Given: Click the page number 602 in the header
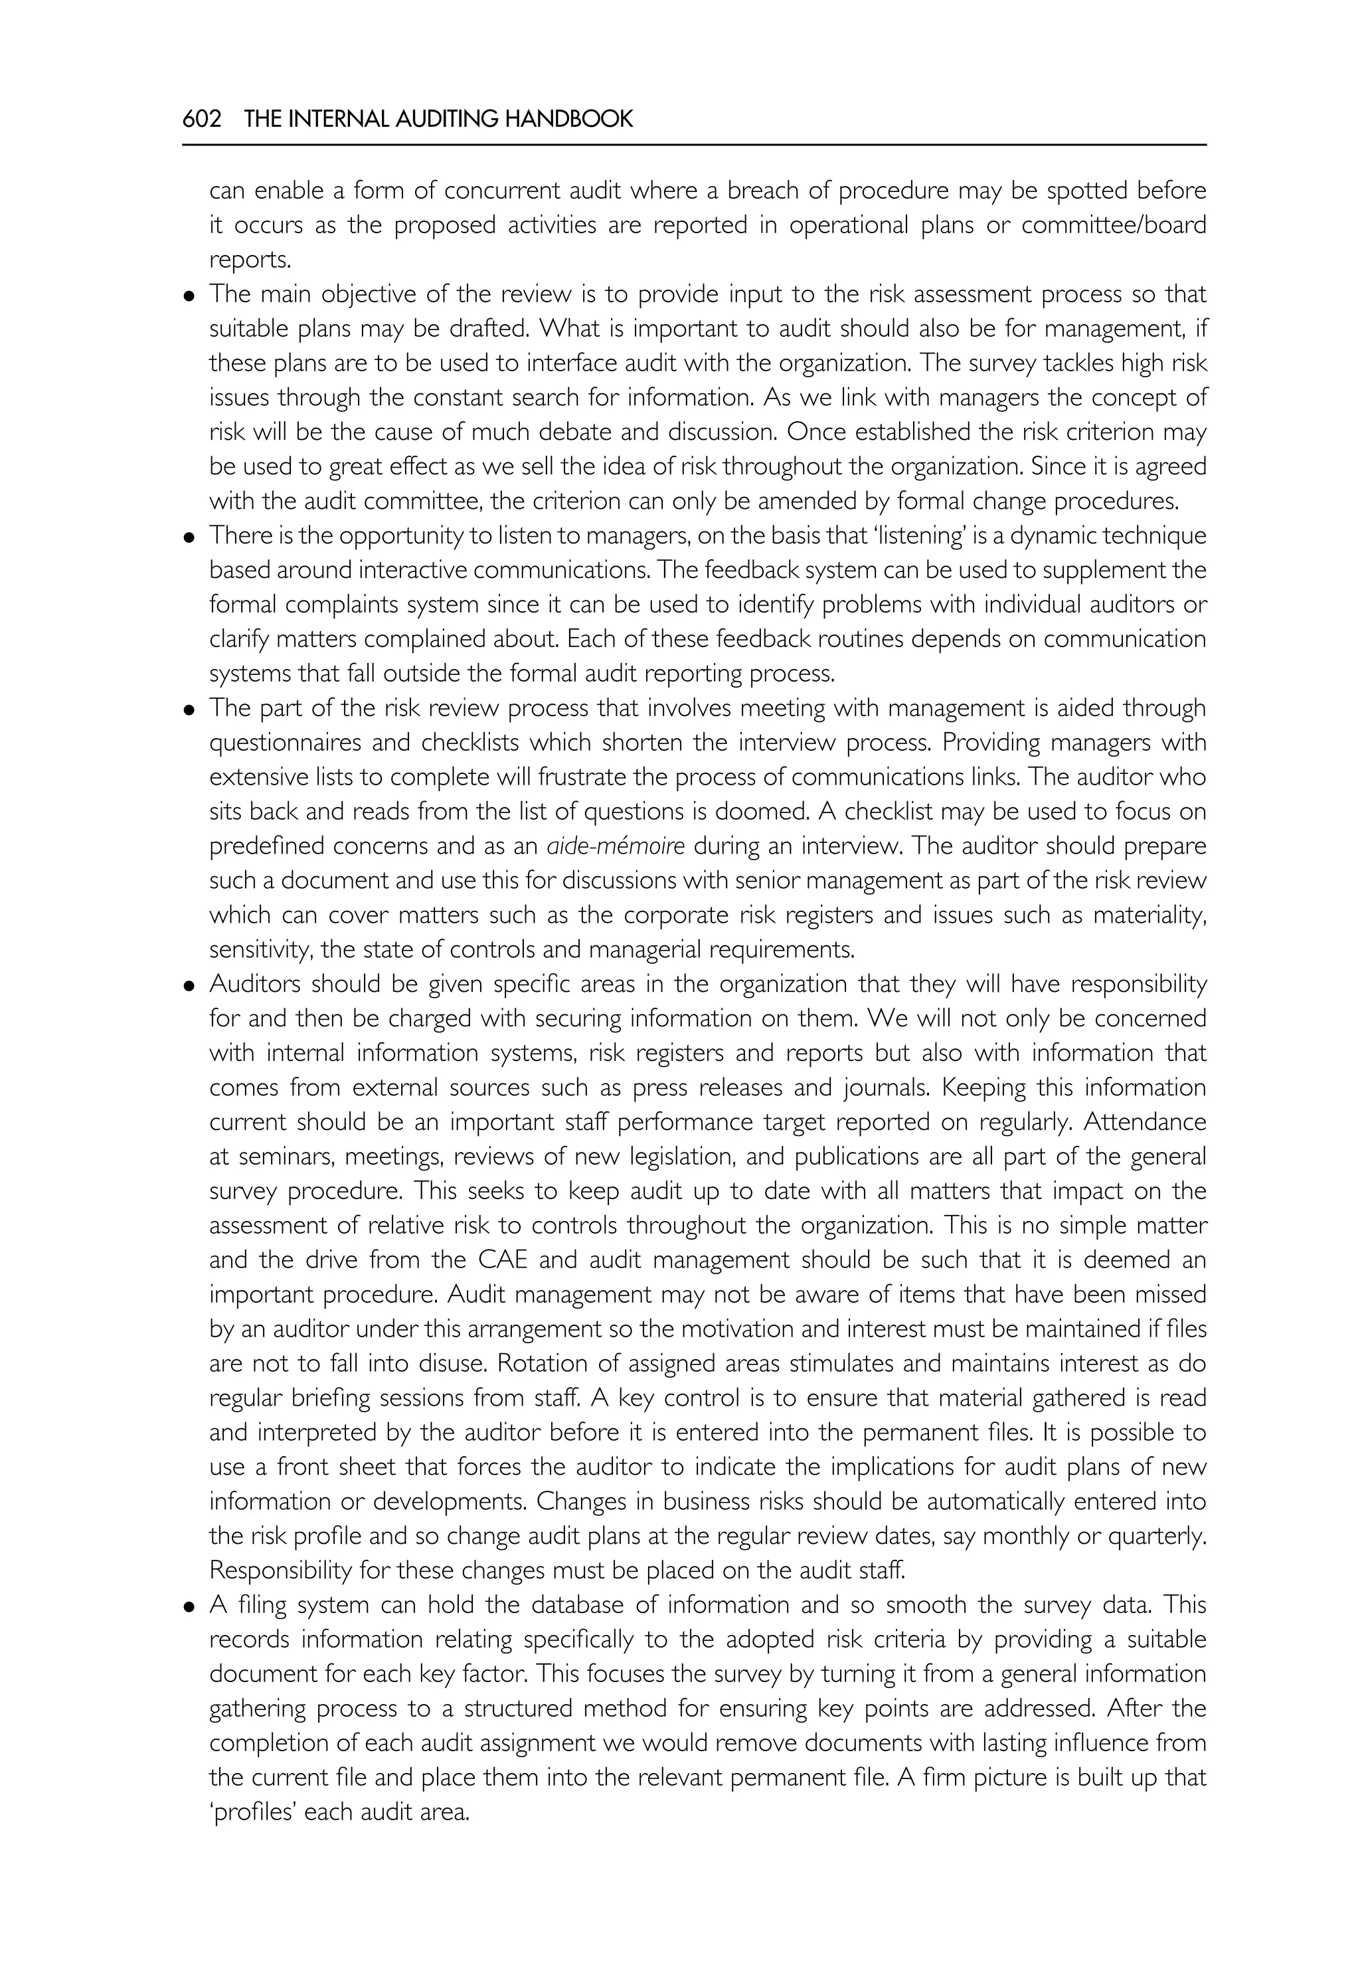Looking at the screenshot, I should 202,120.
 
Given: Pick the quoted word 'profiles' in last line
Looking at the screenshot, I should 252,1812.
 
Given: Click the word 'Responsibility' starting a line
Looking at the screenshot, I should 280,1570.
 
